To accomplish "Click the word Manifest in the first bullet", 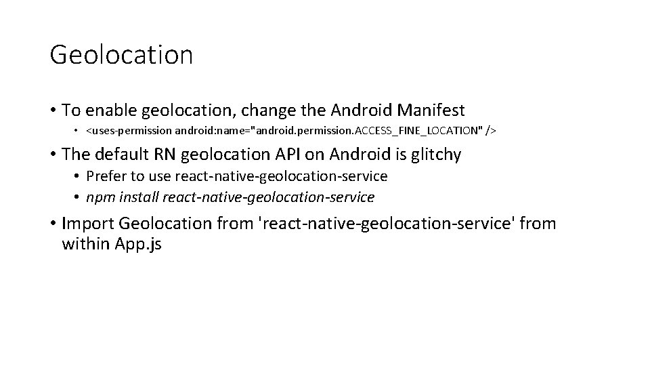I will (433, 110).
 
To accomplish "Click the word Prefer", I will (108, 176).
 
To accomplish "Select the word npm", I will (102, 198).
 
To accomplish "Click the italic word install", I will (142, 198).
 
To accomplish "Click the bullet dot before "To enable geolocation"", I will (52, 110).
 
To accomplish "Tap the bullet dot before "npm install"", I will (79, 198).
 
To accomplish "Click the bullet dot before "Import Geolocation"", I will (52, 224).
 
